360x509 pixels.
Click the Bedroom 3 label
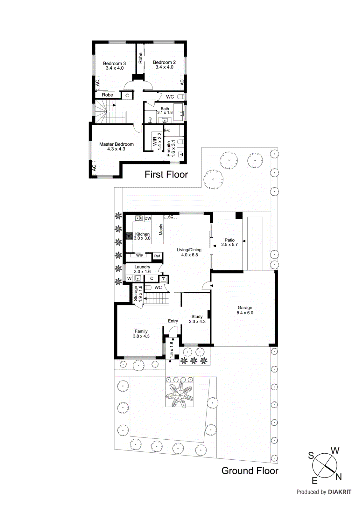114,63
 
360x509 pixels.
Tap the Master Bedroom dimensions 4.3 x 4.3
116,149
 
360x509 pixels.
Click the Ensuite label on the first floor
169,149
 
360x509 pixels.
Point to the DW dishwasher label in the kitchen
148,218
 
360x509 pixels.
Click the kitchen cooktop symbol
129,236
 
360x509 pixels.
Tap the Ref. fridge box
157,256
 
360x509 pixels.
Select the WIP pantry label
139,255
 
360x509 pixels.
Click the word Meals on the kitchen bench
161,229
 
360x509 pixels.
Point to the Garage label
245,308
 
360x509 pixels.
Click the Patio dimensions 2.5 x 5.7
229,245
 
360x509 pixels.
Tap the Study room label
197,317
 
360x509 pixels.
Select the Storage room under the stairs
138,293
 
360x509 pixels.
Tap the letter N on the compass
338,477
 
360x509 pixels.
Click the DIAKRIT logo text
340,492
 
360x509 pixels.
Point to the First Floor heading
166,174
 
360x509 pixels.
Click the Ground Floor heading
250,471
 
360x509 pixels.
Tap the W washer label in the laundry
129,279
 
